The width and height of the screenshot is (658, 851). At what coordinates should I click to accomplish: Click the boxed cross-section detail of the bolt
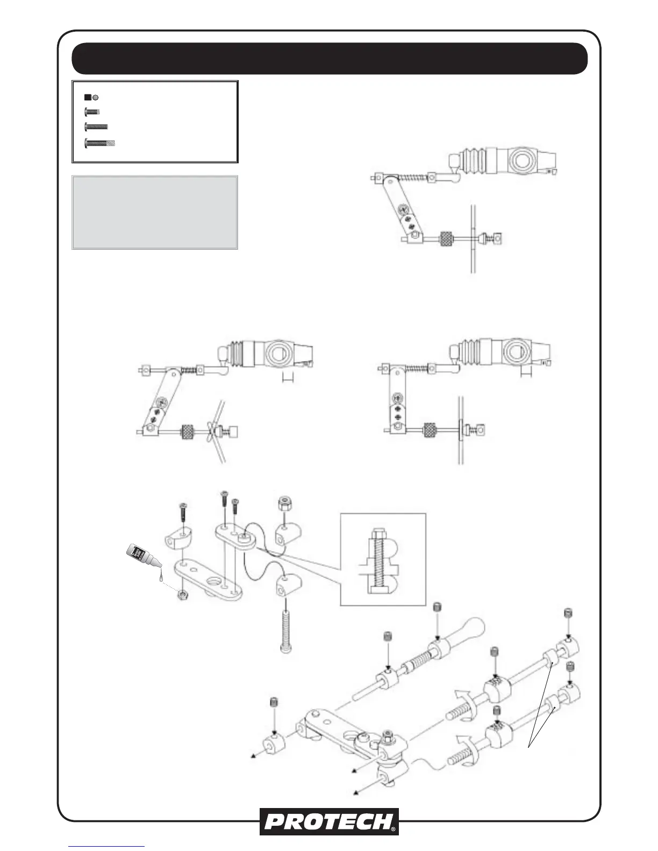pos(383,559)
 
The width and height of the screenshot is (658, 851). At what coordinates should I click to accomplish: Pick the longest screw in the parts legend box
pos(101,143)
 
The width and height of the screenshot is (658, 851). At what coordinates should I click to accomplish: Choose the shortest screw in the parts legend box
pos(92,112)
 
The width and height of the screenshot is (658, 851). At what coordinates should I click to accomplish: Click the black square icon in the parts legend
pos(87,98)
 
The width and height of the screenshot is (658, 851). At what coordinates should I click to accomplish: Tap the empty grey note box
pos(155,212)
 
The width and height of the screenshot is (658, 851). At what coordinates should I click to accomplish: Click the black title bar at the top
pos(329,58)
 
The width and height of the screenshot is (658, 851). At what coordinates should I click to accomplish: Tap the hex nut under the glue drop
pos(183,595)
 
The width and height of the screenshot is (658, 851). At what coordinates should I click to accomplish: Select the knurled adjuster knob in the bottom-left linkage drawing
pos(187,431)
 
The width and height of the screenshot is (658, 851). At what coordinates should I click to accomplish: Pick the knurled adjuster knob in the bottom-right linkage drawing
pos(430,429)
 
